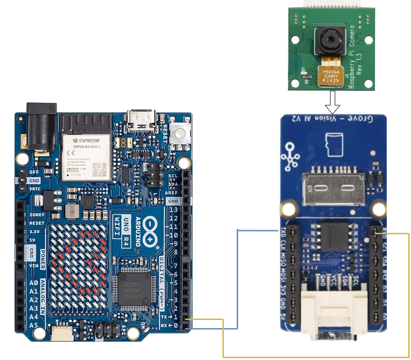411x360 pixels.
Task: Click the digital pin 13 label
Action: (173, 210)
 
